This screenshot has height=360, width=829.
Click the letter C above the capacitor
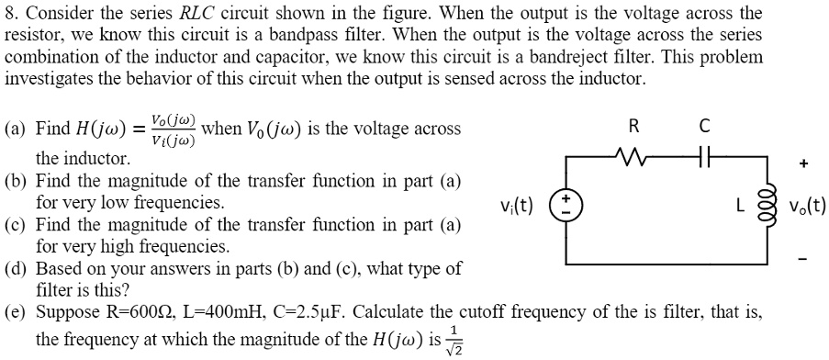click(x=704, y=127)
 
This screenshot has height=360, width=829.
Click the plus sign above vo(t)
click(x=804, y=164)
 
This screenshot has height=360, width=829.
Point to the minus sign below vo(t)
click(x=804, y=259)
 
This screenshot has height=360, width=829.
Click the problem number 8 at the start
click(x=10, y=14)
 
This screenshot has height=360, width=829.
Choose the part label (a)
click(x=17, y=129)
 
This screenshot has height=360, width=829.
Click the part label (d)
click(x=17, y=269)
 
